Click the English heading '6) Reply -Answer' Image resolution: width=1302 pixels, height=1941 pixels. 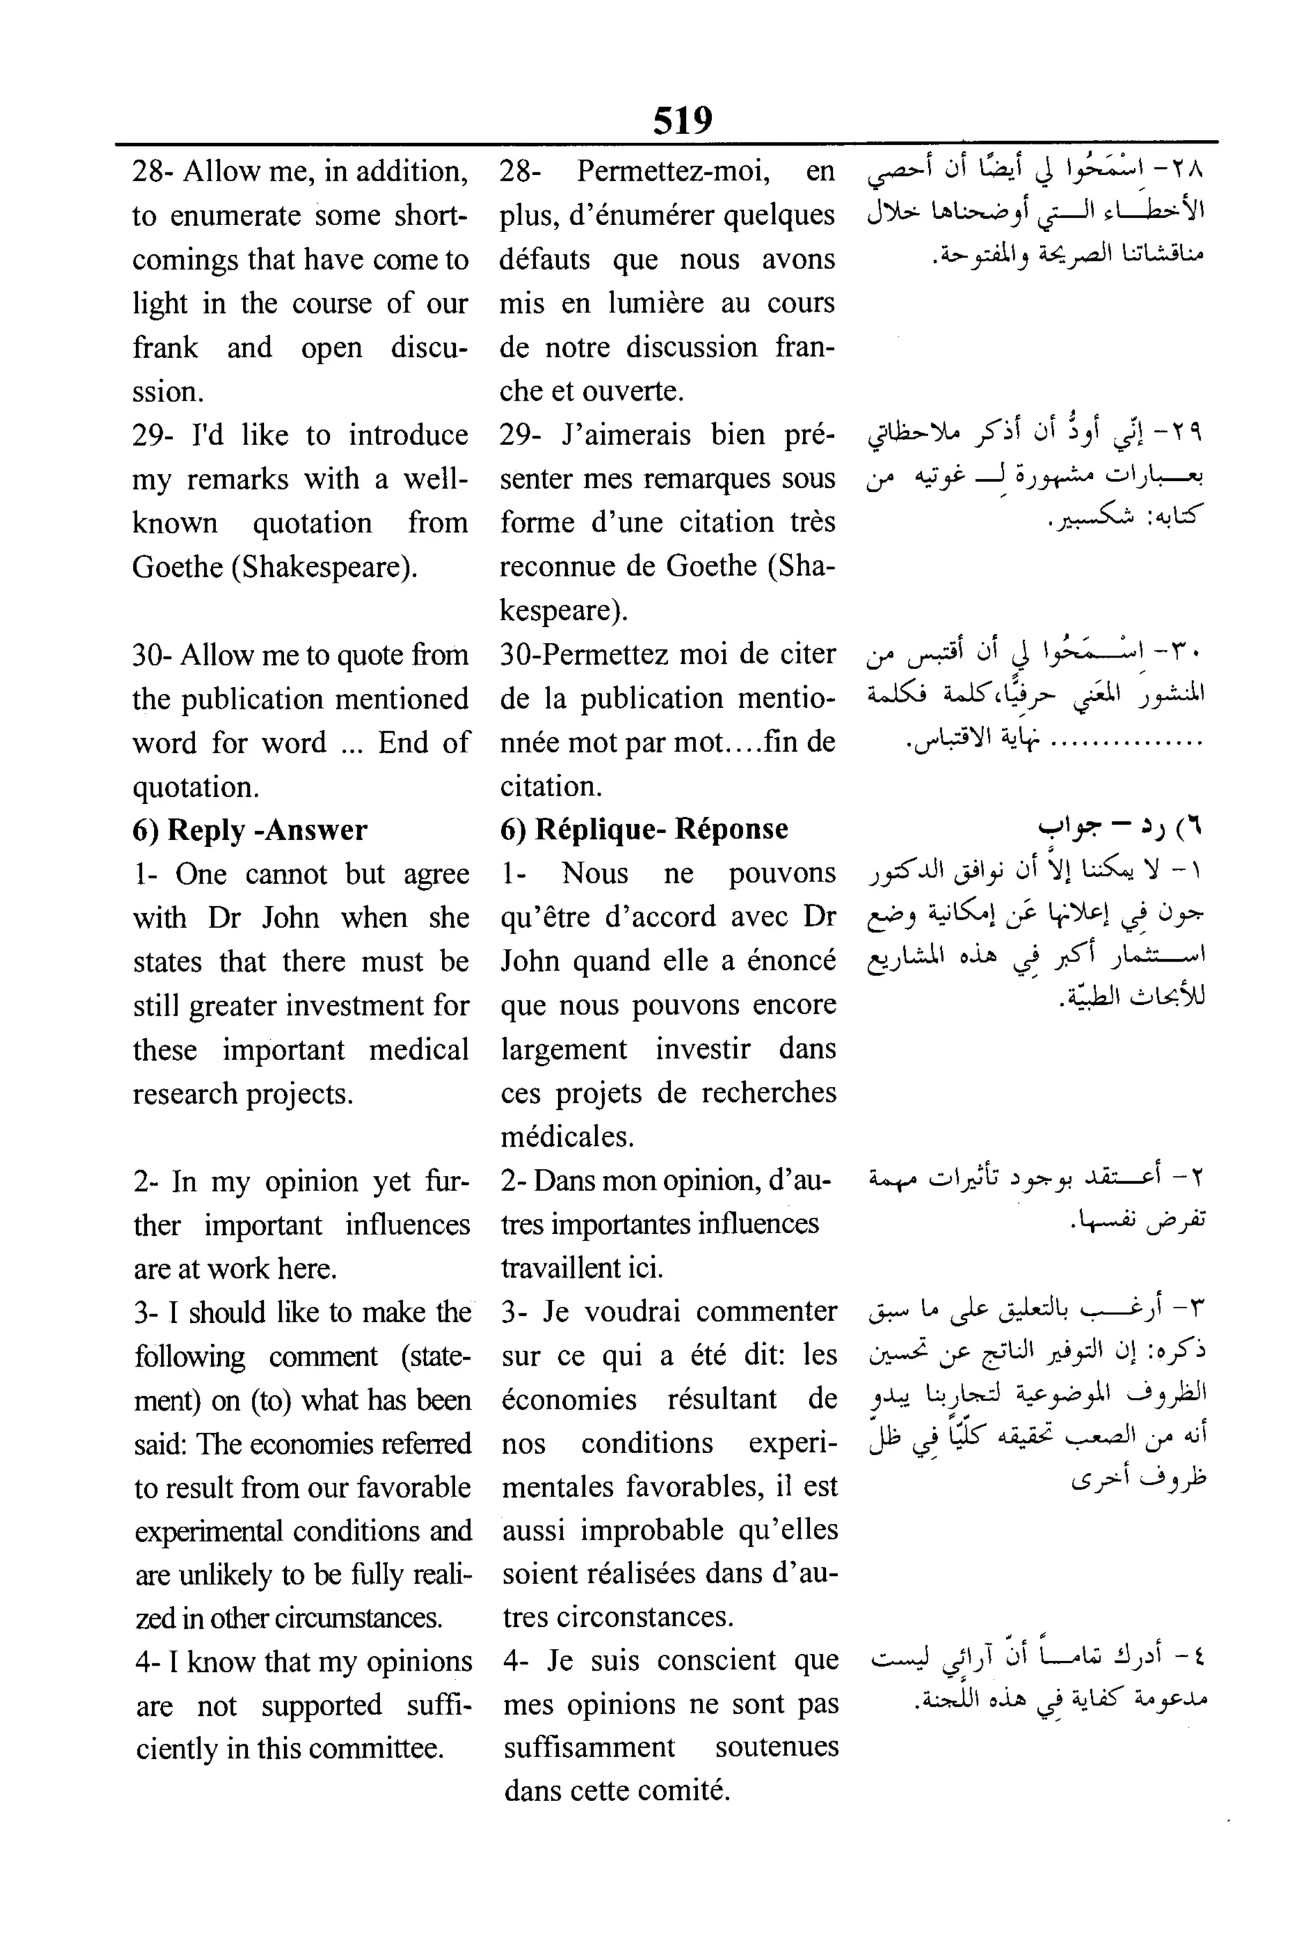(x=250, y=830)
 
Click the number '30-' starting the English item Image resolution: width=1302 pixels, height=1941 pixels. (x=151, y=655)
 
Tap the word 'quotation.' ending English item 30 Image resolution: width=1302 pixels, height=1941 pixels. (x=195, y=787)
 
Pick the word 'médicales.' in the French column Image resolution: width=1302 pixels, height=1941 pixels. (x=567, y=1136)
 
